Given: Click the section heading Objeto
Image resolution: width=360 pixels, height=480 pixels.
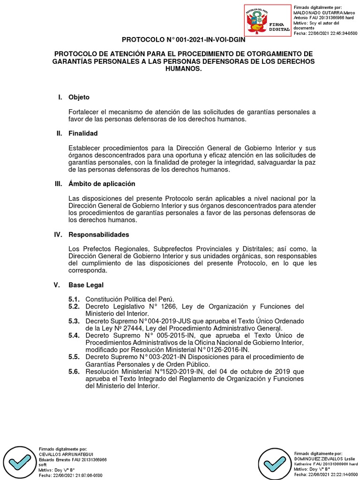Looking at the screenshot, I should (x=79, y=97).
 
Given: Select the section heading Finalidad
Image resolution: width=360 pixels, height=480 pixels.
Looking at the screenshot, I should (x=83, y=134).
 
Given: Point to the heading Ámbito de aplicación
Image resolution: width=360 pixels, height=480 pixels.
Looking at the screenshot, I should (x=102, y=184).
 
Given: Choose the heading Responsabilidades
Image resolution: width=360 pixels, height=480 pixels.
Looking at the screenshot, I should (x=98, y=234).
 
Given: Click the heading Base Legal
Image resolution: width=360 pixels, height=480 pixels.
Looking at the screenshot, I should (x=86, y=285).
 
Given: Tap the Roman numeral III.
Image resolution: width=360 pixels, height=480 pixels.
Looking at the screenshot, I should (x=58, y=184).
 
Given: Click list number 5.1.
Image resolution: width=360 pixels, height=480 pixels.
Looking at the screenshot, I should (x=74, y=299).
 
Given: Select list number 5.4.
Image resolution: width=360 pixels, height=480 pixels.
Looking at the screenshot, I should (x=74, y=335).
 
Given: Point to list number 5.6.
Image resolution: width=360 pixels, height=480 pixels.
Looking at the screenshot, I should (x=74, y=371).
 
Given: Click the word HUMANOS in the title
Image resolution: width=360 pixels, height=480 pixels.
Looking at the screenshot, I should (x=183, y=68).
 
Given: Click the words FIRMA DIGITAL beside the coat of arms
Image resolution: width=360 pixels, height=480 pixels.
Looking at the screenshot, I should (x=280, y=26).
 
